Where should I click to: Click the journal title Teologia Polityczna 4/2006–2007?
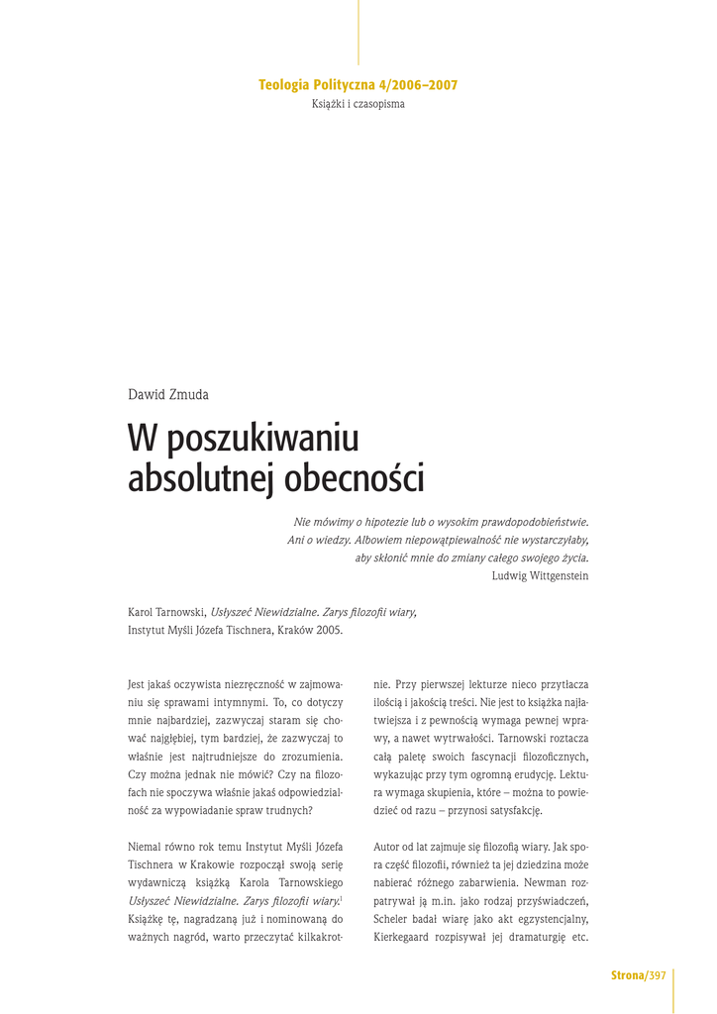click(358, 85)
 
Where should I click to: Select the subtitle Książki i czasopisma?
click(358, 104)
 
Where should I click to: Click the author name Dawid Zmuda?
click(168, 395)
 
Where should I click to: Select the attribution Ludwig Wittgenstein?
click(540, 576)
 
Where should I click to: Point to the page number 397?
click(658, 976)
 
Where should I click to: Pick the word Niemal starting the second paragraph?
click(148, 846)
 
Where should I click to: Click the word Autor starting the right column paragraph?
click(390, 846)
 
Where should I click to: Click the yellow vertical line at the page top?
click(358, 32)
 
